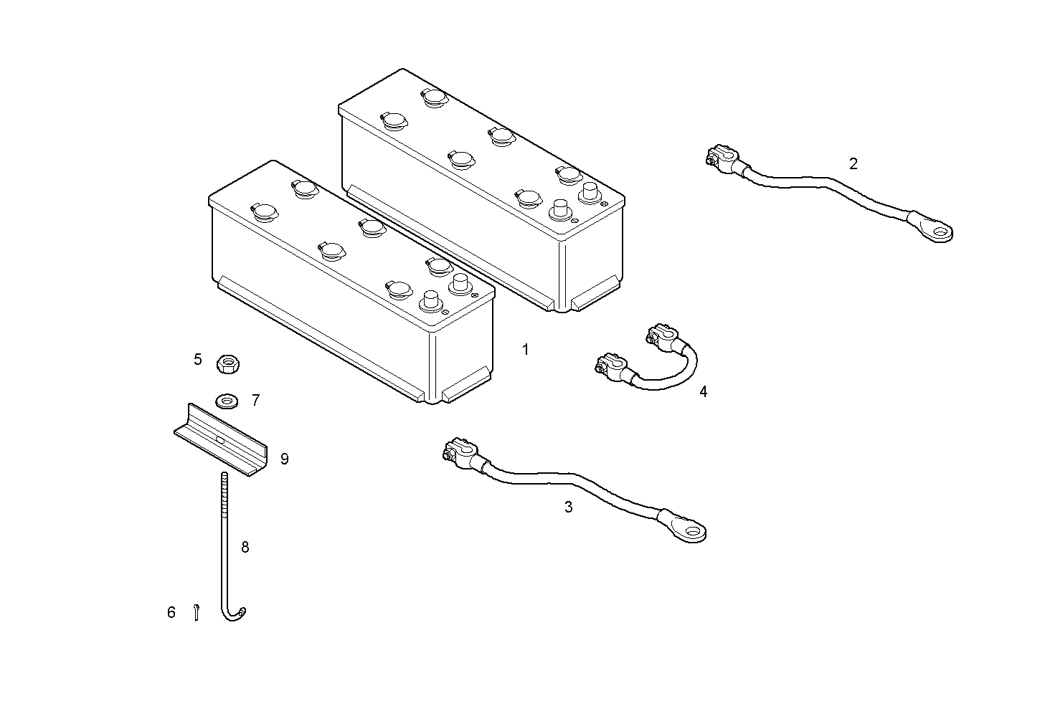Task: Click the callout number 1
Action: [x=526, y=350]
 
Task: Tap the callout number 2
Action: [x=854, y=163]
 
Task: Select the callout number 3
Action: [x=568, y=507]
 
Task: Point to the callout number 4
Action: [x=704, y=392]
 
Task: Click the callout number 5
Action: [x=198, y=360]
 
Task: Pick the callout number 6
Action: [x=171, y=612]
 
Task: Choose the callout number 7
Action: [x=256, y=400]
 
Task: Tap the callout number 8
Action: [x=245, y=548]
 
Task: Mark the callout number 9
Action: [x=285, y=459]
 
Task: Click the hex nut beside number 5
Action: [x=228, y=363]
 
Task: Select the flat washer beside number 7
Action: [x=227, y=401]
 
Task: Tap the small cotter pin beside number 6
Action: [x=197, y=612]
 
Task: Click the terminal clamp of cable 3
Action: [x=460, y=452]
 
